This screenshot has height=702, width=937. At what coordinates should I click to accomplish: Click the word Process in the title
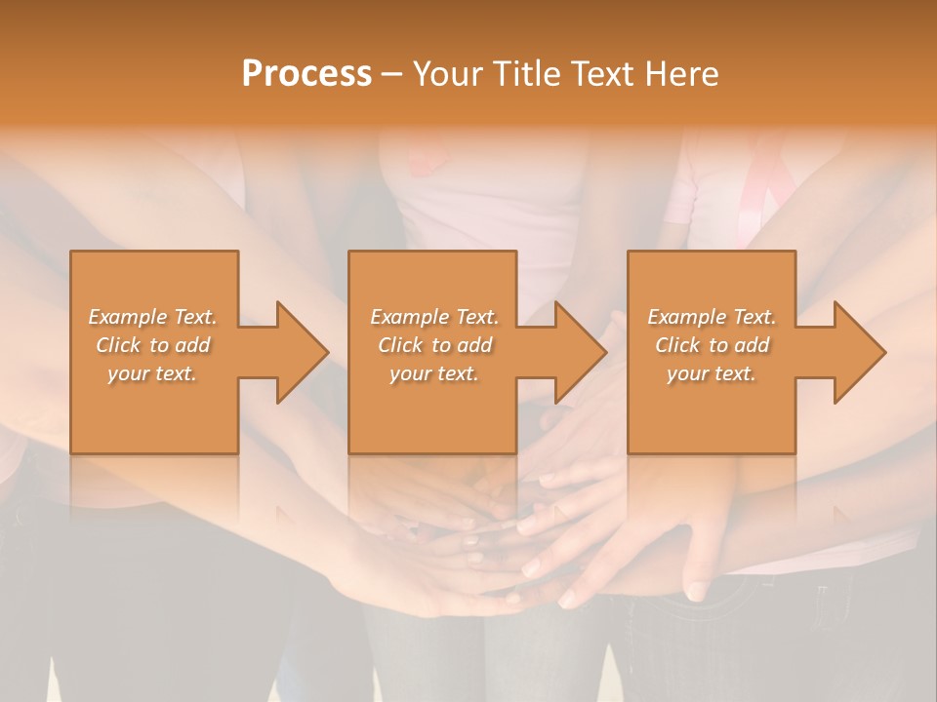[x=306, y=74]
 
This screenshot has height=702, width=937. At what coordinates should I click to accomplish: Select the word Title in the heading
[x=526, y=74]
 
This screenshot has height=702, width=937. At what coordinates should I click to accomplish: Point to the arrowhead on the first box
[x=299, y=352]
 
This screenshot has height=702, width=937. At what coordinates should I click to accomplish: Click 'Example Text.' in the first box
[x=152, y=317]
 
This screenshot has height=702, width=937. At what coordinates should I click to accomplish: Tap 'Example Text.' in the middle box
[x=434, y=317]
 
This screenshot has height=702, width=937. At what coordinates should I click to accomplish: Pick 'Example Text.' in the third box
[x=712, y=317]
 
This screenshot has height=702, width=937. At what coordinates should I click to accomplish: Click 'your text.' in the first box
[x=152, y=373]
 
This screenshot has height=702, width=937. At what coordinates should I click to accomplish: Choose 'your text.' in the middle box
[x=434, y=373]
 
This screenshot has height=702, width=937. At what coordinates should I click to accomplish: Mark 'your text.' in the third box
[x=712, y=373]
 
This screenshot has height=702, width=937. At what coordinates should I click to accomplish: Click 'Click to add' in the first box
[x=152, y=345]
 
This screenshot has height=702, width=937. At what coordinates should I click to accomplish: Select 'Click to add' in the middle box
[x=434, y=345]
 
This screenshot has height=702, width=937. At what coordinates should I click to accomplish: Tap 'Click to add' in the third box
[x=712, y=345]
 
